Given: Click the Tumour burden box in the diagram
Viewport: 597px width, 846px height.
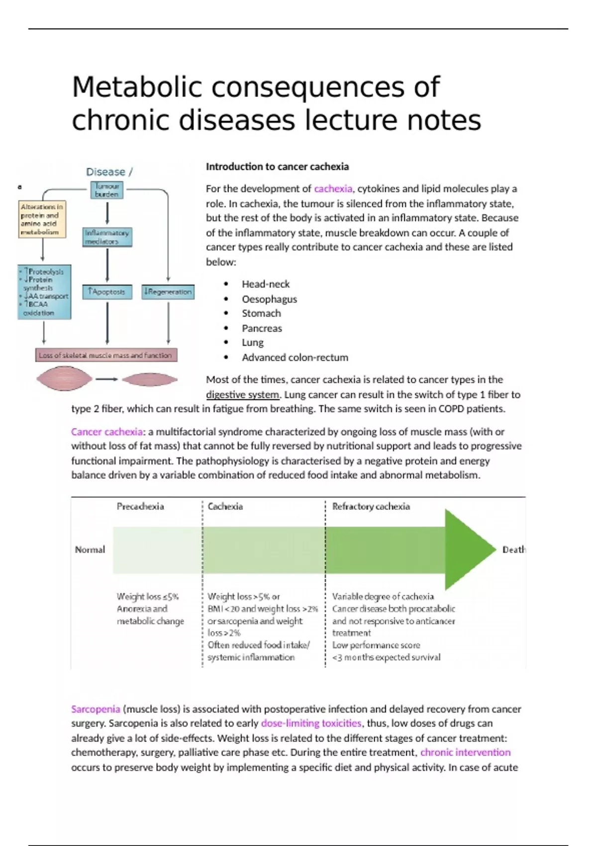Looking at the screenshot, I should click(x=107, y=190).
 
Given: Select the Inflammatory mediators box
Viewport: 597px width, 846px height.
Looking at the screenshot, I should click(x=107, y=237).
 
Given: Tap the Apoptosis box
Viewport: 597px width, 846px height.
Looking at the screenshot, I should click(x=107, y=292).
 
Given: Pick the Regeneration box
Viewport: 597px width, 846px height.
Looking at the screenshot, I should click(x=168, y=292).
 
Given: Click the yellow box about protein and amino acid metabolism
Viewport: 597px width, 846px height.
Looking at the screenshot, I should click(x=42, y=219).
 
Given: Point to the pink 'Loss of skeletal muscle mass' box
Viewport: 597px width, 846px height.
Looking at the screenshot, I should click(x=106, y=355).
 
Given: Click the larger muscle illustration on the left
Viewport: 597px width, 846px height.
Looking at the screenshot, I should click(x=64, y=379).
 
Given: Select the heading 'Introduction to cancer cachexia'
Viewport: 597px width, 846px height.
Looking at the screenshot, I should click(x=277, y=167).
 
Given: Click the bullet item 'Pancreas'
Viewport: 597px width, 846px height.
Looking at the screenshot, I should click(x=262, y=328).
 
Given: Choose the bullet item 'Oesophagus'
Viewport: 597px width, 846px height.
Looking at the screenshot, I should click(x=269, y=299).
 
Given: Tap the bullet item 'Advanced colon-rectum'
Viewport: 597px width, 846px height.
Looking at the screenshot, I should click(x=295, y=357).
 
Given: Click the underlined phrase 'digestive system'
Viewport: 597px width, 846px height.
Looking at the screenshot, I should click(x=243, y=395).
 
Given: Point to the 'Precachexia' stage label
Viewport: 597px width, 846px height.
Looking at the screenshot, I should click(x=140, y=507).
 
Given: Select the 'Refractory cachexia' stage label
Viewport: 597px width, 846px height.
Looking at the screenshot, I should click(x=371, y=507).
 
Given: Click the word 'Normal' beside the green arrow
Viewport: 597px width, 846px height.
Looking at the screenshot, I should click(x=90, y=549).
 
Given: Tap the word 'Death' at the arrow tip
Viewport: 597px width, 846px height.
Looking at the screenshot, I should click(x=513, y=549).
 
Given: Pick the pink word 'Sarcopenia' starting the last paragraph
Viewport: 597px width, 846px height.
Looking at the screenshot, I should click(x=96, y=709).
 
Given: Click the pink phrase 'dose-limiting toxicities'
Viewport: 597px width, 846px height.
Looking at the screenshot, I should click(x=311, y=724).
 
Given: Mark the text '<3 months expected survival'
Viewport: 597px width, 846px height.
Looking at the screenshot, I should click(x=386, y=657).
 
